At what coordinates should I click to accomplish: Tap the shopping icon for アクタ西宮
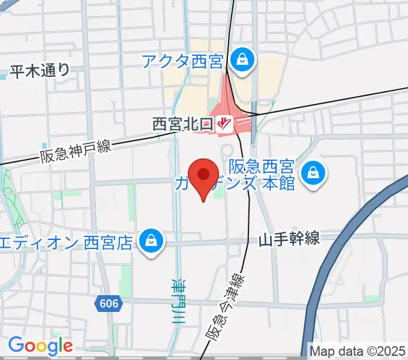[242, 60]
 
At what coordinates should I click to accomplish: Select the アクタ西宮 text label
[183, 60]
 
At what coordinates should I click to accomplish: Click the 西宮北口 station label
[182, 124]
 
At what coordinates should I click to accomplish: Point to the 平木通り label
[40, 70]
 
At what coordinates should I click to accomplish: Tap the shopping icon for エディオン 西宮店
[149, 242]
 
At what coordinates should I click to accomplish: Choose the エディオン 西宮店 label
[66, 242]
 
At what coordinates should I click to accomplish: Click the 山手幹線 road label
[289, 240]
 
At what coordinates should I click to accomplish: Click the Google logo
[40, 345]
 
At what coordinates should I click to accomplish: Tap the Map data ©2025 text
[358, 350]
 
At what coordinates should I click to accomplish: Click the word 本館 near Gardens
[279, 182]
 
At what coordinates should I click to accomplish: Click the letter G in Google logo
[16, 345]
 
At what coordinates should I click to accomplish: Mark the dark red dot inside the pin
[204, 174]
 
